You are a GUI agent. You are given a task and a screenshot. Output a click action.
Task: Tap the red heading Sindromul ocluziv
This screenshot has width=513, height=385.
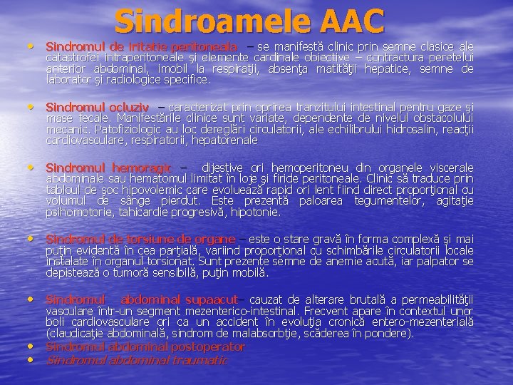[x=98, y=107]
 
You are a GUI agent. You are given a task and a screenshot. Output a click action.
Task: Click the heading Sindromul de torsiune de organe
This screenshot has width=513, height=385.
[x=140, y=239]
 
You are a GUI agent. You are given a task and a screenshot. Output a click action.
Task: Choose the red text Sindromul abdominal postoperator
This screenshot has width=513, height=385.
[x=145, y=347]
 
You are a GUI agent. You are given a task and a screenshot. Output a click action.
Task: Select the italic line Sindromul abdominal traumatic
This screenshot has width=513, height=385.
[x=137, y=361]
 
